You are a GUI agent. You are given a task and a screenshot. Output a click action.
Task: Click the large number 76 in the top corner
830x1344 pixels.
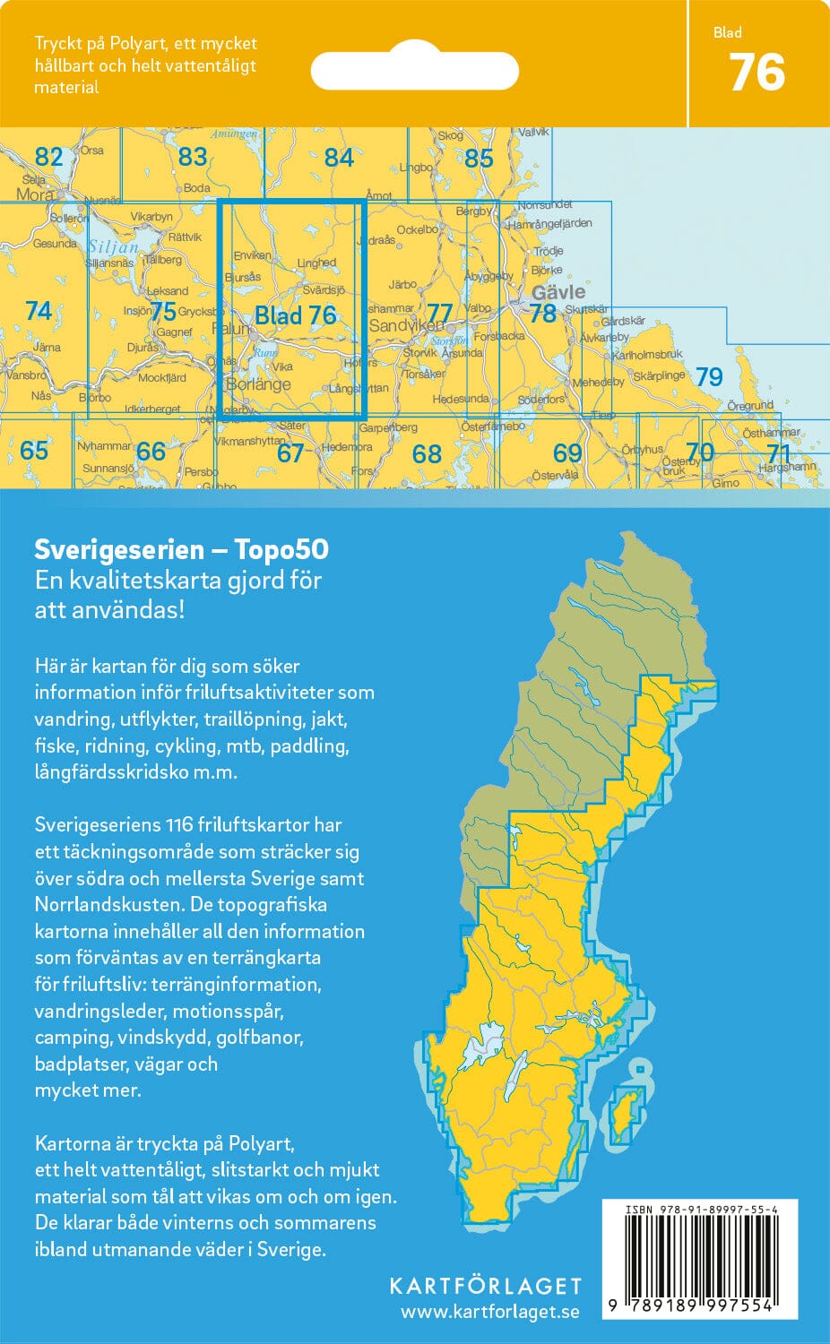(757, 73)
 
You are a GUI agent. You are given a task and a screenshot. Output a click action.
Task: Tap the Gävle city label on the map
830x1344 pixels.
(558, 292)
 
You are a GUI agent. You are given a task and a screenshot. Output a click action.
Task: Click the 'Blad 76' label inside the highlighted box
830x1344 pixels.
(295, 315)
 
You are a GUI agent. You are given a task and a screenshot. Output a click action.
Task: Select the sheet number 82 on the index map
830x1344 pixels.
(48, 158)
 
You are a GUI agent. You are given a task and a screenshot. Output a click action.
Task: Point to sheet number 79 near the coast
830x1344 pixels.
(709, 377)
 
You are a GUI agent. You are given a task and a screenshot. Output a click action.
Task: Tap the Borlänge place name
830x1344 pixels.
(259, 384)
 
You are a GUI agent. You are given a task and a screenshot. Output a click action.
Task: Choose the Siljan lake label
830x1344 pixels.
(114, 246)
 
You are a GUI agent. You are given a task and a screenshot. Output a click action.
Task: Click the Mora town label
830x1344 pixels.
(35, 194)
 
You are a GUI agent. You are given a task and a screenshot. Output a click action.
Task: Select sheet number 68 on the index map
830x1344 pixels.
(427, 454)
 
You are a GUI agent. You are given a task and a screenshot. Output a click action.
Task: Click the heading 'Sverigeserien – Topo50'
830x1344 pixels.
(181, 548)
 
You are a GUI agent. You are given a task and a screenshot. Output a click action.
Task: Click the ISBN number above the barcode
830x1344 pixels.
(701, 1210)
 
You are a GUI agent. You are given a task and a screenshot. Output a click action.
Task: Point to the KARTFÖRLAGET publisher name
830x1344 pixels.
(485, 1287)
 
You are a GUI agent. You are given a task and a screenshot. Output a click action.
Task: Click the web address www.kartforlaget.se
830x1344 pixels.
(489, 1313)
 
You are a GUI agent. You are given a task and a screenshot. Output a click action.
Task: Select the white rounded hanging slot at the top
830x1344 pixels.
(414, 70)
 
